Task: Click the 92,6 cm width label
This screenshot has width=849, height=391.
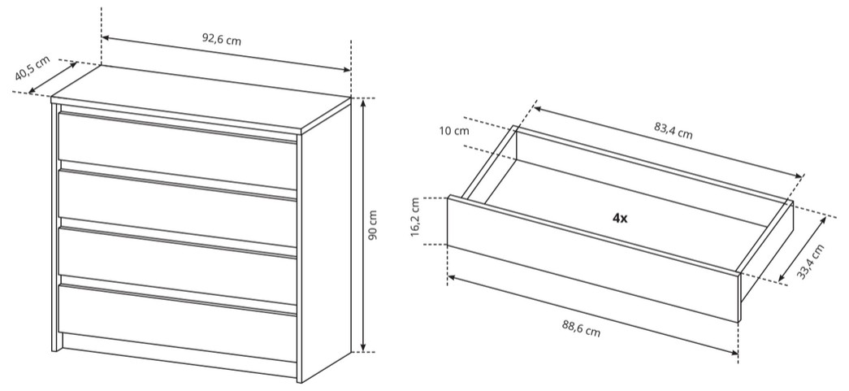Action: point(222,40)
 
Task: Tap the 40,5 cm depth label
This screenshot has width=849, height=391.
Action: point(32,68)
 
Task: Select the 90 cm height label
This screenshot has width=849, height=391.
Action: point(373,225)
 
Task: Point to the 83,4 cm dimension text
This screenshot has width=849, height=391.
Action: point(673,131)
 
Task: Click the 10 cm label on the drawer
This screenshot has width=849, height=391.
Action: point(455,131)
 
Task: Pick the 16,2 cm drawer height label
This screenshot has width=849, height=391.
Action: point(415,217)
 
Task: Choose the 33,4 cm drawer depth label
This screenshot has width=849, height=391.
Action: point(811,262)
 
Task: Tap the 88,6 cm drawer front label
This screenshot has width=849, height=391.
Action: point(580,328)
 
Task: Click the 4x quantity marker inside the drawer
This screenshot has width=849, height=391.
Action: point(620,218)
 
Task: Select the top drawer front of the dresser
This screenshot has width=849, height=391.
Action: point(178,151)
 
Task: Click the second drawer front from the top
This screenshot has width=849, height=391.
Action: point(178,208)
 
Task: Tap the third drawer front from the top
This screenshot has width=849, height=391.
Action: point(178,266)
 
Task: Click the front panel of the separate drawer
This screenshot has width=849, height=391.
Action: point(593,258)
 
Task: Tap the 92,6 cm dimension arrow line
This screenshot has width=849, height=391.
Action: point(227,54)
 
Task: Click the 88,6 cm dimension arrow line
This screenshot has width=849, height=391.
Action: point(593,315)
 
